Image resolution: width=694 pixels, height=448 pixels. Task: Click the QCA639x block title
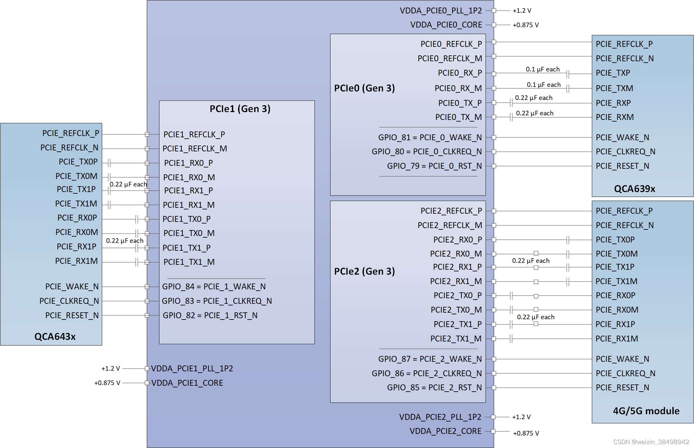pos(634,189)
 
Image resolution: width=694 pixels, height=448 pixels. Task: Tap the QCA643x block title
pos(55,337)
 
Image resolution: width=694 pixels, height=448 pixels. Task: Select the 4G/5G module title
pos(646,411)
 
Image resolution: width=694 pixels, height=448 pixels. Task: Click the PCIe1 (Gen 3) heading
pos(240,109)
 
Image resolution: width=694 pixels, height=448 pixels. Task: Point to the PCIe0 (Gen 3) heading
pos(364,88)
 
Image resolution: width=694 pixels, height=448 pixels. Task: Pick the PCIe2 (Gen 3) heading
pos(364,271)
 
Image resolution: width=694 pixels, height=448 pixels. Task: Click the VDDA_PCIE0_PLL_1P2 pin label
pos(441,11)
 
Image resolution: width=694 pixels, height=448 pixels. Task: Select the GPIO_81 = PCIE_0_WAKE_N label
pos(430,137)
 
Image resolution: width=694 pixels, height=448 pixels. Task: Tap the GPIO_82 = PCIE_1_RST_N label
pos(210,315)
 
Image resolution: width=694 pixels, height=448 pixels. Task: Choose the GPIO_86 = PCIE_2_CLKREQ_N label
pos(426,373)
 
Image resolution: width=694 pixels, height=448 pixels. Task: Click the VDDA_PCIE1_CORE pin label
pos(187,383)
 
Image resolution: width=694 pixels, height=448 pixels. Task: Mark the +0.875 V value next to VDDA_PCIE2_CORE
pos(526,433)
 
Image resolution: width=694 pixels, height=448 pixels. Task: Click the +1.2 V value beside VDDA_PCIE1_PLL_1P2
pos(111,368)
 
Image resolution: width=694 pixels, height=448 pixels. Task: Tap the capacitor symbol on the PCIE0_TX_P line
pos(511,103)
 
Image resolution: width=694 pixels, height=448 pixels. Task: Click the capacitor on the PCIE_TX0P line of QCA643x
pos(109,163)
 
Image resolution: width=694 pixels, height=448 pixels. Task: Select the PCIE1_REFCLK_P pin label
pos(194,134)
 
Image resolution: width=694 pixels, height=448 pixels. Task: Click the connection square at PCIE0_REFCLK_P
pos(494,42)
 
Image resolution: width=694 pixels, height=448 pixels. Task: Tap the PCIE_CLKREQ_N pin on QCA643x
pos(69,301)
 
